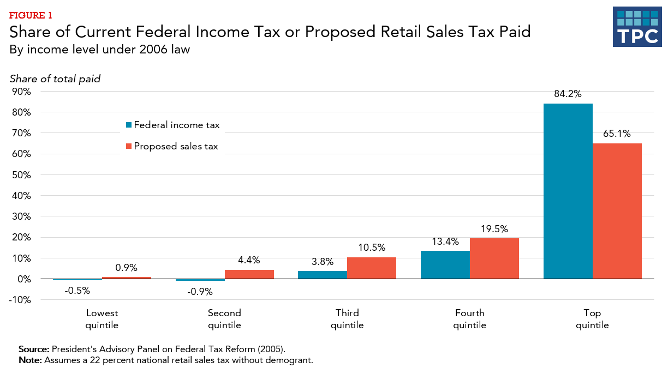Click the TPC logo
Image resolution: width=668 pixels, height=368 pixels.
(637, 27)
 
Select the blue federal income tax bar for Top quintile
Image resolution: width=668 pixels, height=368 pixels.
(568, 191)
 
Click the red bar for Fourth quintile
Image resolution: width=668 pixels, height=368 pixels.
(494, 258)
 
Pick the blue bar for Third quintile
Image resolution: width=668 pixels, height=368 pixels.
(322, 275)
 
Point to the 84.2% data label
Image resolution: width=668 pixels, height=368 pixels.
(568, 93)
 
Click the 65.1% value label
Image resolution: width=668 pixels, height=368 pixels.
(617, 133)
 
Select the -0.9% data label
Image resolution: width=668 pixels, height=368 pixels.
(199, 292)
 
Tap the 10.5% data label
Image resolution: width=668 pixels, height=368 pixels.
(371, 247)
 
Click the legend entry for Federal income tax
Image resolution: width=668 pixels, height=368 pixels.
(172, 125)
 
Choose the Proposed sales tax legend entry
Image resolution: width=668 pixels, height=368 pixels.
(175, 146)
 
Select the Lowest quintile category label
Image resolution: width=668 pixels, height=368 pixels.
(102, 319)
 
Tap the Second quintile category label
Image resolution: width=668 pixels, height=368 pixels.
(224, 319)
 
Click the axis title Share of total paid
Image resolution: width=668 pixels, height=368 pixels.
(55, 79)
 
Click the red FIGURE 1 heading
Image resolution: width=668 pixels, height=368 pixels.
(31, 15)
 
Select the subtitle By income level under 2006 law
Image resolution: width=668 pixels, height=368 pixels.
(99, 50)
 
